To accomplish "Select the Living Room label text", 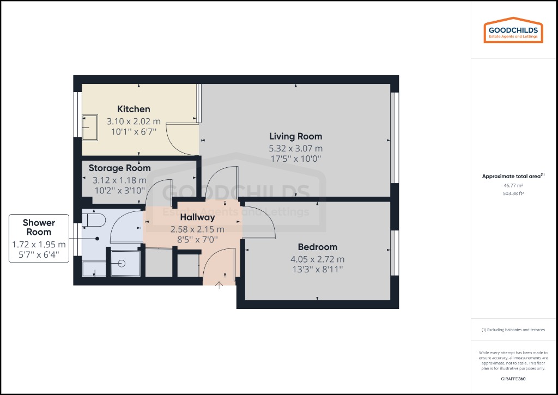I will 296,136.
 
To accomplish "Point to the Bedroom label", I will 317,247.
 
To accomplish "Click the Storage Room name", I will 119,168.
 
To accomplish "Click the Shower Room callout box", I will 39,239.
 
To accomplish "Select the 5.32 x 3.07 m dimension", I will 296,148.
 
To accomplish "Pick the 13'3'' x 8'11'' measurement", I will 317,269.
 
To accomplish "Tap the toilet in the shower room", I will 94,220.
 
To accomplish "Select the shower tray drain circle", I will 121,263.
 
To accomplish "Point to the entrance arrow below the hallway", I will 220,285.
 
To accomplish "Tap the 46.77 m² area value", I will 513,185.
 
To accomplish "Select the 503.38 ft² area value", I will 513,193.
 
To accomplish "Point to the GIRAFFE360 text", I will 513,378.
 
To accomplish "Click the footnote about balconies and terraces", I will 513,330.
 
